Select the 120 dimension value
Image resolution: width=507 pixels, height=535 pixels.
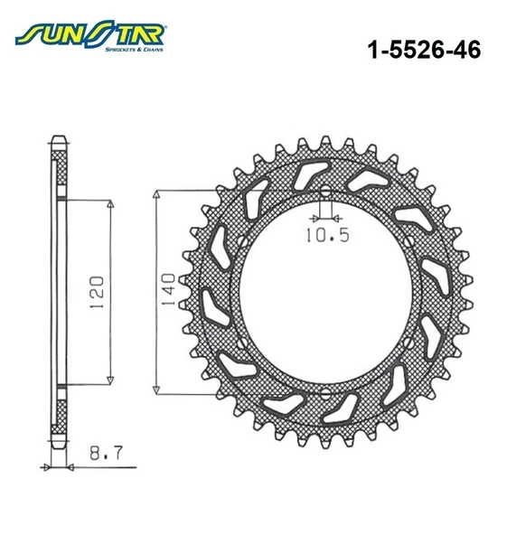coord(97,290)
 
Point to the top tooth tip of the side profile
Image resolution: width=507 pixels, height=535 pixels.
coord(60,139)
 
